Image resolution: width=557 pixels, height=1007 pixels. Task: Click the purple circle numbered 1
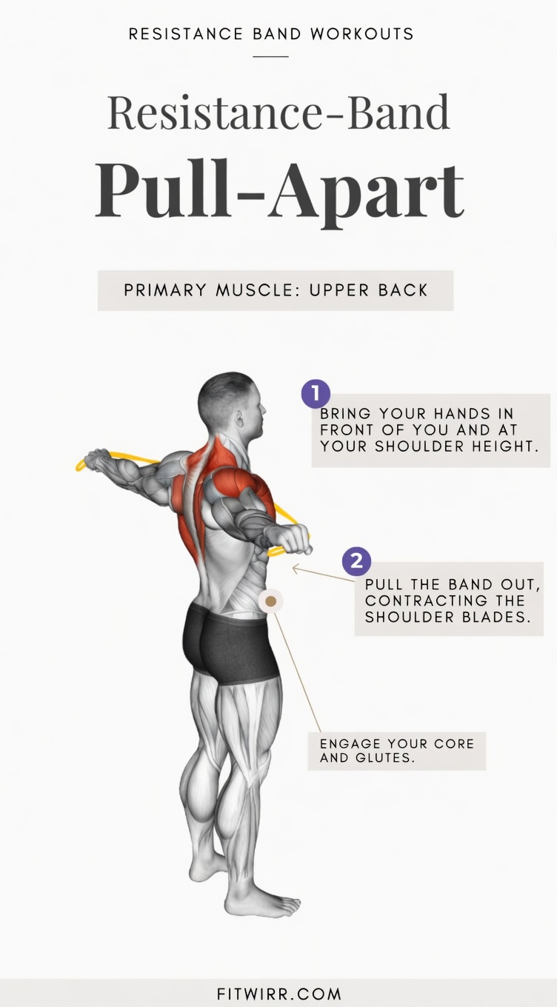(x=316, y=393)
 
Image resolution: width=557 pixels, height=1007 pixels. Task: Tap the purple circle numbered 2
(x=356, y=561)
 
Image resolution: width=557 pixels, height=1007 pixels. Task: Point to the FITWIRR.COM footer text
(x=278, y=993)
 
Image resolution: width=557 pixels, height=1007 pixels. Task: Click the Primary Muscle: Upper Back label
(x=276, y=290)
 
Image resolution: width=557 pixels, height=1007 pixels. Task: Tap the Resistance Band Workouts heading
(x=271, y=34)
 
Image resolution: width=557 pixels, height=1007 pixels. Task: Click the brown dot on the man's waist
(x=271, y=601)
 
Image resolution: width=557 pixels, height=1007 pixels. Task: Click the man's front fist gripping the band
(x=297, y=540)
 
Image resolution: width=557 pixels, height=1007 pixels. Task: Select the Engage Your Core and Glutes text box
(x=396, y=750)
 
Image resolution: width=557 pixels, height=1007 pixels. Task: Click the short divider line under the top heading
(x=271, y=56)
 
